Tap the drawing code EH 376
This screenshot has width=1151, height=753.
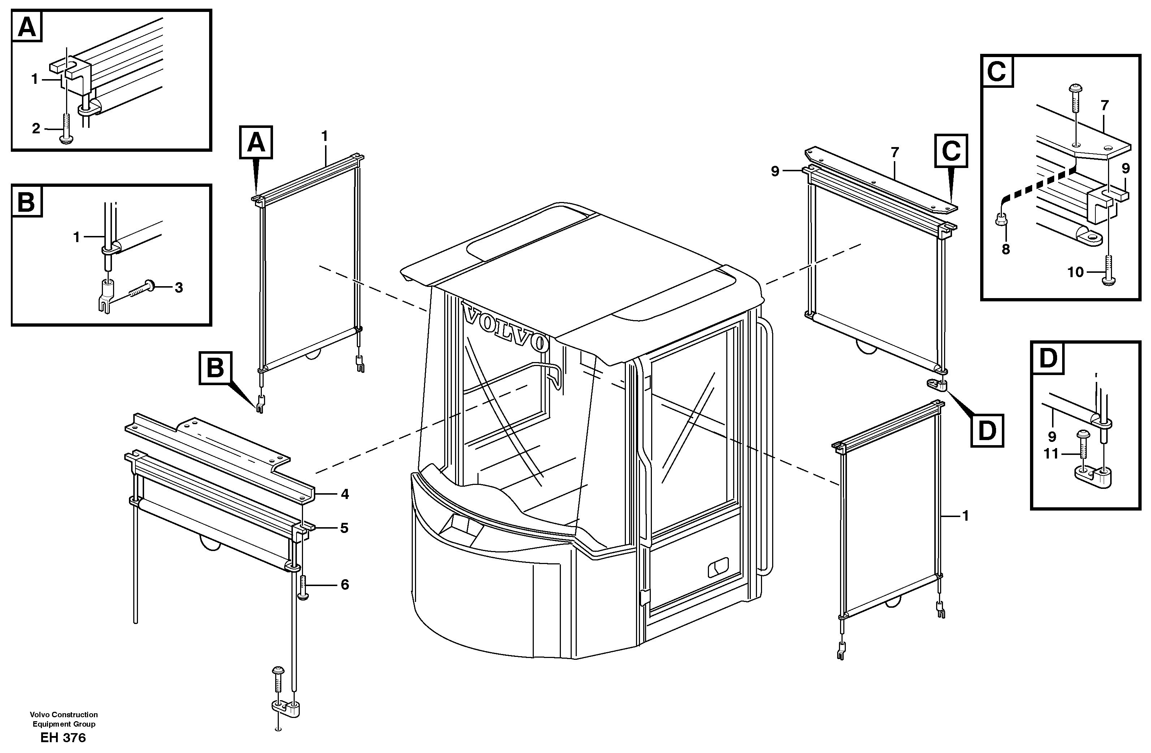coord(63,737)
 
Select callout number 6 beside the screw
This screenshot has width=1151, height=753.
coord(344,585)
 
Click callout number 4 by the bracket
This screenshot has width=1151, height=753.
coord(344,494)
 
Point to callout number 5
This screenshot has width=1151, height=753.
coord(344,528)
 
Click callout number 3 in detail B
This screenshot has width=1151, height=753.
coord(178,288)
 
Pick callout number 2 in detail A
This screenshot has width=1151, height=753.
coord(36,129)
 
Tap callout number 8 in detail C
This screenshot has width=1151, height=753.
coord(1005,250)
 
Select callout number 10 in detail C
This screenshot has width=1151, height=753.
coord(1076,272)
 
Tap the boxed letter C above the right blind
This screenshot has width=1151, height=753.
coord(951,151)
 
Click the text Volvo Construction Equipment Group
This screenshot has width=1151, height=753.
coord(63,719)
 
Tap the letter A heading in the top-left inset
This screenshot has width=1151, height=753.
coord(27,27)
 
